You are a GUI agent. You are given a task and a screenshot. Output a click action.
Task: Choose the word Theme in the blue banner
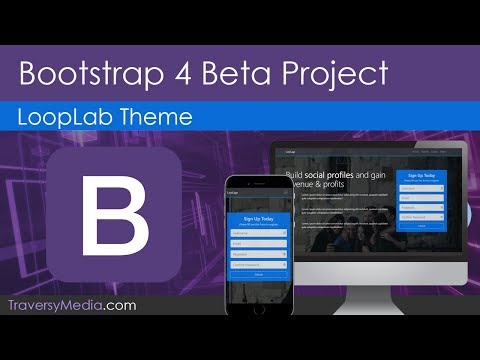pos(155,116)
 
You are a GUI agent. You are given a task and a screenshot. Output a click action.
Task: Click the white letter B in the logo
pos(114,215)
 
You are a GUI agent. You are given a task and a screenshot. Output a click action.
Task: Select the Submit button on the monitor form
pos(420,226)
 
